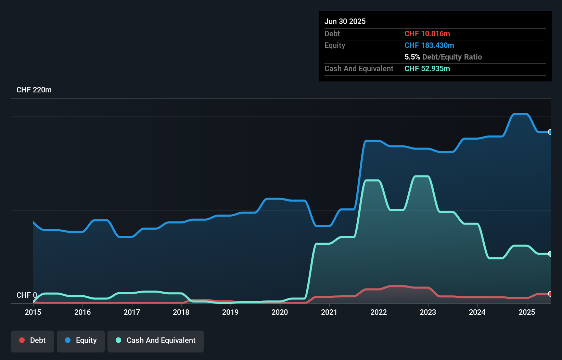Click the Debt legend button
[x=33, y=341]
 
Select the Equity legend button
[x=81, y=341]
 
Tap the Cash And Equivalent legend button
[x=156, y=341]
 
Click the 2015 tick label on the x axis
[x=33, y=312]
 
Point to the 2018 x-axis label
[x=181, y=312]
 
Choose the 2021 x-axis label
[x=329, y=312]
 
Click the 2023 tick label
[x=428, y=312]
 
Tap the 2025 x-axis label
[x=526, y=312]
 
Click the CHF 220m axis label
[x=34, y=90]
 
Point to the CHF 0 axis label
[x=26, y=295]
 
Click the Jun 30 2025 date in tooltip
[x=345, y=22]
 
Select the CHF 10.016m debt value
[x=427, y=34]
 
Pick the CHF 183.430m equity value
[x=429, y=46]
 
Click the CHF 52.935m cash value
[x=427, y=69]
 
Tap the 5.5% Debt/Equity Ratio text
[x=443, y=57]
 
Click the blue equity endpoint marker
[x=550, y=132]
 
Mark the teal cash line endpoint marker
[x=550, y=254]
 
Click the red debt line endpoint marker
[x=550, y=294]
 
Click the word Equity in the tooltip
[x=335, y=46]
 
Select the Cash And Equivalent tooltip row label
[x=359, y=69]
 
